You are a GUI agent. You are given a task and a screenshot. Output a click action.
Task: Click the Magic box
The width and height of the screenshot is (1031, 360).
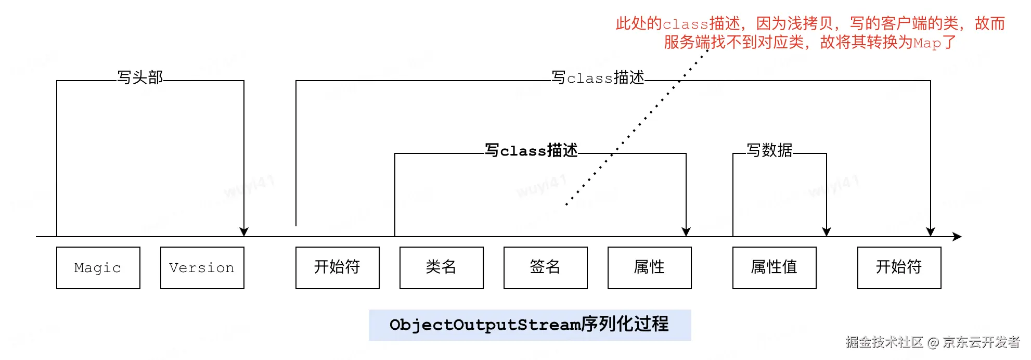(x=98, y=268)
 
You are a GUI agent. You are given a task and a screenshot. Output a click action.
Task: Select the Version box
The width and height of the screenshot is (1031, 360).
(x=202, y=268)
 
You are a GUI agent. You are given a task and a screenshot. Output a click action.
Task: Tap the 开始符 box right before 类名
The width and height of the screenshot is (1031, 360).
(x=338, y=268)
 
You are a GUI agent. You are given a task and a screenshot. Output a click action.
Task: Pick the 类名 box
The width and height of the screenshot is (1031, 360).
(x=442, y=268)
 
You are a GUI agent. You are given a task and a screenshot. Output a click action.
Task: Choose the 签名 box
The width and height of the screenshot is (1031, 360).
(x=546, y=268)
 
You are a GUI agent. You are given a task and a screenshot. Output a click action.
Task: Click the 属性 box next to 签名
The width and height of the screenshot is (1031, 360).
(x=650, y=268)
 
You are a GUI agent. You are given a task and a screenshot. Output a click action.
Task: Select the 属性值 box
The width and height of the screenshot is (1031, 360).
(x=775, y=268)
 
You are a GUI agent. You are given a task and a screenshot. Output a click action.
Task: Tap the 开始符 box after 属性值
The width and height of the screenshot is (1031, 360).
(x=899, y=268)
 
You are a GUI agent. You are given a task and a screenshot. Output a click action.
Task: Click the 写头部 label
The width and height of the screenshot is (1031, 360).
(x=140, y=78)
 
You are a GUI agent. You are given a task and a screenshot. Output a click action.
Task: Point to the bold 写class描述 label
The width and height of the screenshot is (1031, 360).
(x=531, y=150)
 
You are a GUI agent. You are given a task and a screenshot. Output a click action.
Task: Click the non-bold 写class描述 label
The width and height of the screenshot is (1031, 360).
(x=598, y=78)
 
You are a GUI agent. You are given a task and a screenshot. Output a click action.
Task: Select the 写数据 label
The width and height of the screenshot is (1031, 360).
(x=769, y=150)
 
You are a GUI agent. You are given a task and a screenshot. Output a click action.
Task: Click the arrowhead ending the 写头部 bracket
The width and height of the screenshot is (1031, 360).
(x=244, y=232)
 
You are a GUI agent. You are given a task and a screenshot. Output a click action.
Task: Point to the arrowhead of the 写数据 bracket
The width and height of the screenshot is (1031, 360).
(x=827, y=232)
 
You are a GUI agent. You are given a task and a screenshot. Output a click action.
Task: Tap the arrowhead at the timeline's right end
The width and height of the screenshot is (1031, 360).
(x=957, y=237)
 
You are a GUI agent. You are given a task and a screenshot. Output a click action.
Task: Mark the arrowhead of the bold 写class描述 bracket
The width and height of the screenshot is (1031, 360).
(x=686, y=232)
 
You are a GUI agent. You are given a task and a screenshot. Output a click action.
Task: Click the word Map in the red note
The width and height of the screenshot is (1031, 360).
(x=927, y=43)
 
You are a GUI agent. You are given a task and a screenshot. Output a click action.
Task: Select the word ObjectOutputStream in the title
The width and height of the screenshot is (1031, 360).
(x=485, y=325)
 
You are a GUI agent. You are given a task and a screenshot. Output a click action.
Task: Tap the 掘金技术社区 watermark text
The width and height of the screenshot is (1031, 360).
(x=884, y=342)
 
